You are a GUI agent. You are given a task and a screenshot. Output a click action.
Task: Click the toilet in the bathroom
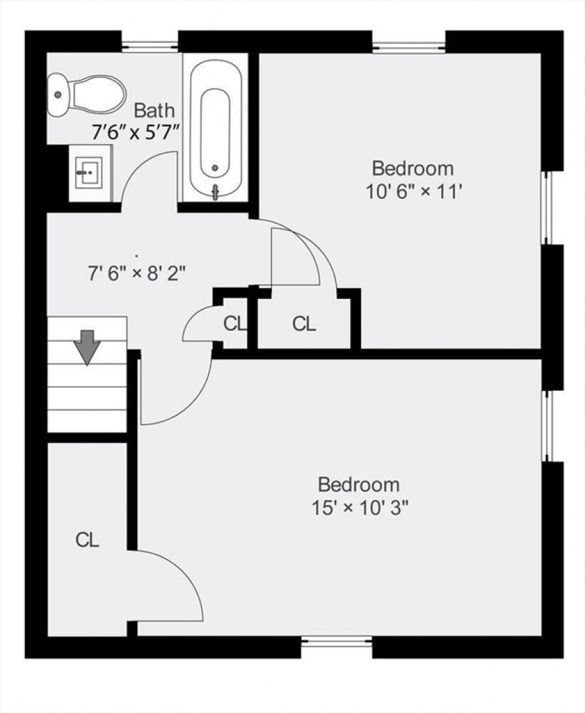click(86, 94)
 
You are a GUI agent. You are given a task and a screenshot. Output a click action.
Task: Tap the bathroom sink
click(90, 173)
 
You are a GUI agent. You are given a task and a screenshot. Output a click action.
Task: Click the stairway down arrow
click(87, 347)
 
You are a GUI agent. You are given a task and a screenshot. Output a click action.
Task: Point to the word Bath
click(155, 110)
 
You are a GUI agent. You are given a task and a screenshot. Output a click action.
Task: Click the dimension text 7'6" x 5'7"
click(134, 133)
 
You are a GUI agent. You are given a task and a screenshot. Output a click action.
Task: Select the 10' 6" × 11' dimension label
click(414, 192)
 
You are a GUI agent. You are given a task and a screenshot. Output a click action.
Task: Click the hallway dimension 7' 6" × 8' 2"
click(137, 274)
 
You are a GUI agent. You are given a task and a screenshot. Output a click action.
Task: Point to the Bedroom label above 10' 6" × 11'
click(413, 168)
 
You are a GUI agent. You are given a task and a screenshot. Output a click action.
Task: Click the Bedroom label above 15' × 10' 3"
click(359, 485)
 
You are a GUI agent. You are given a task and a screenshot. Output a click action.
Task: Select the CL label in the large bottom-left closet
click(87, 540)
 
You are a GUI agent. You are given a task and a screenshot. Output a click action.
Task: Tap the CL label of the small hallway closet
click(235, 323)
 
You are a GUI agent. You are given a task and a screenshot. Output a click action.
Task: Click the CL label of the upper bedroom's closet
click(304, 323)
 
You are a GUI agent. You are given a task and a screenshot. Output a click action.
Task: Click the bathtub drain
click(215, 168)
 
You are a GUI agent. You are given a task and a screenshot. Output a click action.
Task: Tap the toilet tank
click(58, 94)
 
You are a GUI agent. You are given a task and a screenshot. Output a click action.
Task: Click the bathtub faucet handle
click(216, 192)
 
